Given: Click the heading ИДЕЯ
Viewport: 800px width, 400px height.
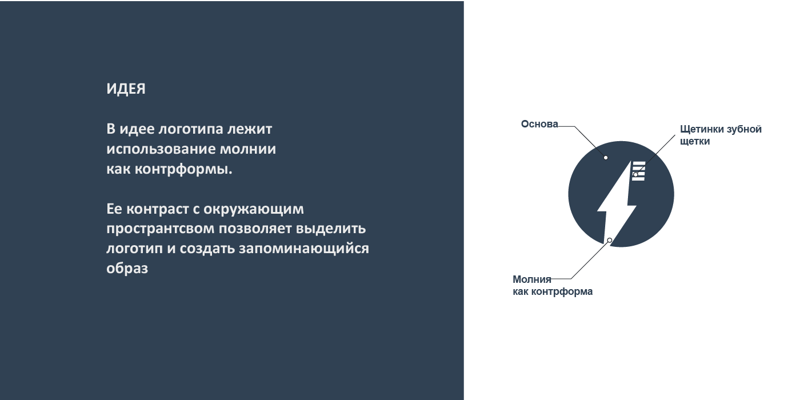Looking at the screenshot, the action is [126, 89].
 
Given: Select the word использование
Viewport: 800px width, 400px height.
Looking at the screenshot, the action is [161, 149].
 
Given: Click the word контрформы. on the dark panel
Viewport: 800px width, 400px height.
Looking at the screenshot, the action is [183, 169].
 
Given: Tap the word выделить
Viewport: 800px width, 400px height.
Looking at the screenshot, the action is [331, 229].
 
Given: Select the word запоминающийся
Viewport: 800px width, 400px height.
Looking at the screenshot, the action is [303, 249].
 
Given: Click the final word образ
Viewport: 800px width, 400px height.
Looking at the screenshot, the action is [127, 268].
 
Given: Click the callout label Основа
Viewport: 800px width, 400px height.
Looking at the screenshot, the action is [539, 124].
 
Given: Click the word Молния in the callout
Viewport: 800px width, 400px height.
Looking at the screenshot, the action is [532, 279].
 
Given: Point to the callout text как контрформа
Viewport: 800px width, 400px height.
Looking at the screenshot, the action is [553, 291].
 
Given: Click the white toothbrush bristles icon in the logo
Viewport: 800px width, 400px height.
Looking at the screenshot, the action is [639, 171].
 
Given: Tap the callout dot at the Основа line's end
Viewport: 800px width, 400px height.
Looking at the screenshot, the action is [606, 158].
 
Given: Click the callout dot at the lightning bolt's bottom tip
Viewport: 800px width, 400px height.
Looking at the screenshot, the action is [610, 240].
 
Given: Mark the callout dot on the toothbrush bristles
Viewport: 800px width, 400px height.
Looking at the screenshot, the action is [635, 174].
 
